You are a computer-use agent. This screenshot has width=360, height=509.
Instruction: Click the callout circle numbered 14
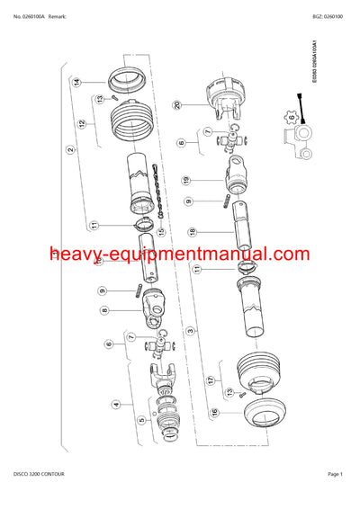(77, 83)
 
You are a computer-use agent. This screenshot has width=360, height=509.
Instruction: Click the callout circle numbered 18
(192, 232)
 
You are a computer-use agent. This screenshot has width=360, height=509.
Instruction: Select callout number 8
(104, 310)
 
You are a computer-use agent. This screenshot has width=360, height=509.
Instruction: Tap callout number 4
(115, 406)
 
